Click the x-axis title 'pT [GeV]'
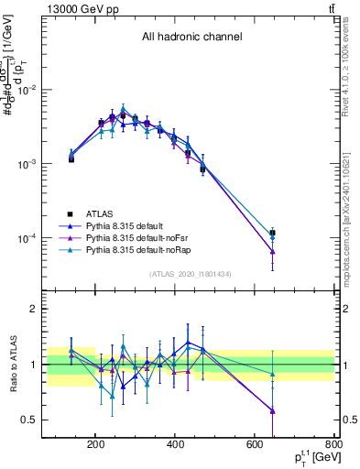tap(306, 457)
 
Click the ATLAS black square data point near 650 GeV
tap(272, 233)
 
